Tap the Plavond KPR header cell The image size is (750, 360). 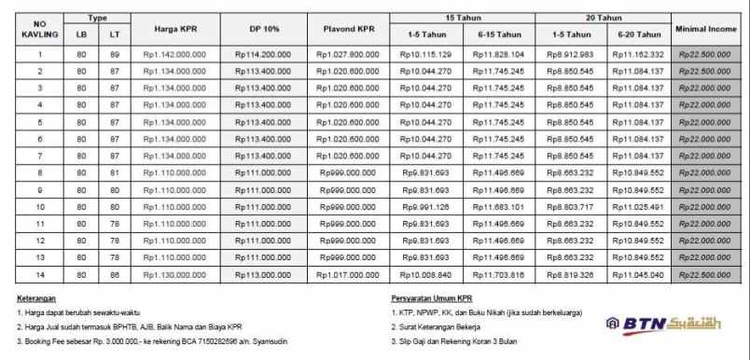pyautogui.click(x=349, y=30)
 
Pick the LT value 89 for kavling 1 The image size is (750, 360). pyautogui.click(x=114, y=55)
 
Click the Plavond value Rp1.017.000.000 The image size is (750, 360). pyautogui.click(x=349, y=274)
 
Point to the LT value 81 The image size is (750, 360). pyautogui.click(x=114, y=173)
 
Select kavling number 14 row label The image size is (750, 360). pyautogui.click(x=40, y=274)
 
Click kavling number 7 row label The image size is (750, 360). pyautogui.click(x=40, y=156)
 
